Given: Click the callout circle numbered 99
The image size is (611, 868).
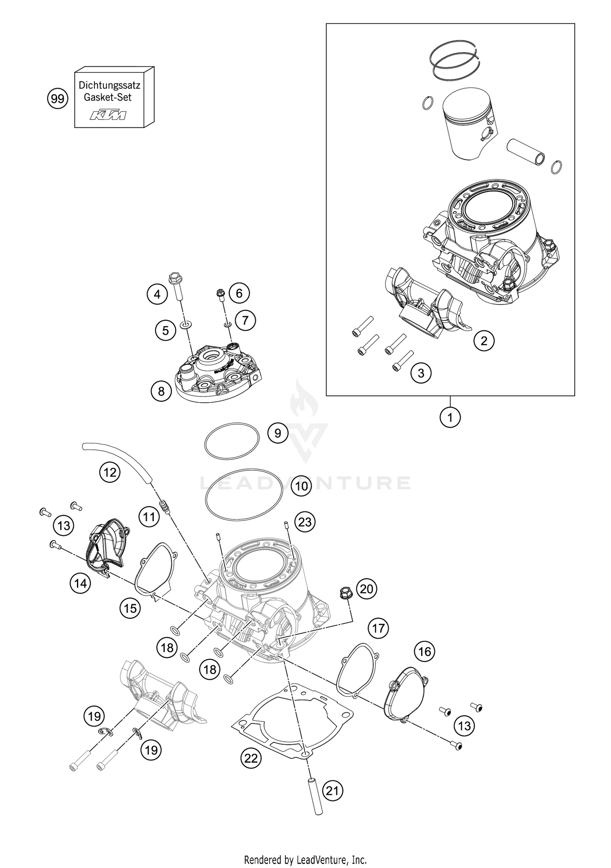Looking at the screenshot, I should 57,99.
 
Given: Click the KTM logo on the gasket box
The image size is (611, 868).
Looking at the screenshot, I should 108,115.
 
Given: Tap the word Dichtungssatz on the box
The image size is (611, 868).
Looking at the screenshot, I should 109,86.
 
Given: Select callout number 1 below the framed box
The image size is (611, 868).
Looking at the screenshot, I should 450,417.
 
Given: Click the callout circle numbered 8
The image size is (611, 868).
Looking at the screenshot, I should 161,391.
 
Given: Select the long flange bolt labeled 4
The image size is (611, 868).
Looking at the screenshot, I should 176,288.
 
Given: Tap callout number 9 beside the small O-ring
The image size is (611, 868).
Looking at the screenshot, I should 278,433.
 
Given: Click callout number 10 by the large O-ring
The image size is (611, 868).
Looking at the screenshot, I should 301,486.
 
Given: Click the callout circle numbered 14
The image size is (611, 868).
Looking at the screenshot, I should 80,584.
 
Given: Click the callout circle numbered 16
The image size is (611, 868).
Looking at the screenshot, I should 424,651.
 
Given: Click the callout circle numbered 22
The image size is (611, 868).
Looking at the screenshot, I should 251,758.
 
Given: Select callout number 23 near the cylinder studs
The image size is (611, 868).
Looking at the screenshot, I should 305,522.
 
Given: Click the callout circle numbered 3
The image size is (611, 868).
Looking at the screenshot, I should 421,372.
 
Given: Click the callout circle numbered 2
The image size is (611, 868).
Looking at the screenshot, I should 484,340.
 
